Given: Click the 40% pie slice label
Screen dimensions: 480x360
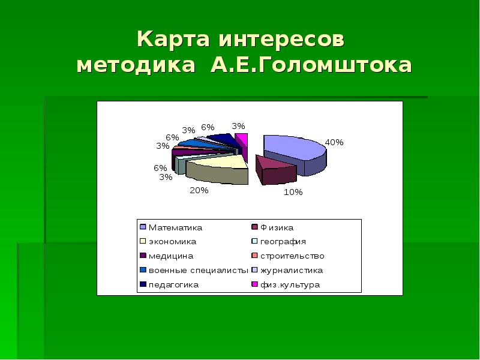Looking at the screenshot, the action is (x=334, y=142).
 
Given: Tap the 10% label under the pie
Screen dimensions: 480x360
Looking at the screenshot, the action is (x=293, y=192).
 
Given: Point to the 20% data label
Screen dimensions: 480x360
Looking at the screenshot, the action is (x=199, y=190).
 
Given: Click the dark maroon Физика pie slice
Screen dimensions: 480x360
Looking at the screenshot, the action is (x=275, y=170).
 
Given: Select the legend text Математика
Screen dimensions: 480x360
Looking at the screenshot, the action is (x=175, y=228).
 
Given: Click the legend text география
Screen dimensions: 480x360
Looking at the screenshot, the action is (x=283, y=242).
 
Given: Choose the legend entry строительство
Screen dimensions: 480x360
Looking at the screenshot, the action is (x=292, y=256).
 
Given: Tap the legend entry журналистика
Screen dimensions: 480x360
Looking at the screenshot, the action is (x=292, y=271).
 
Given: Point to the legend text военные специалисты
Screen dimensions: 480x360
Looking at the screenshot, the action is (x=199, y=271).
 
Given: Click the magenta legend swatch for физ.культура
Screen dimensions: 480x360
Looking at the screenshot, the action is (x=254, y=284).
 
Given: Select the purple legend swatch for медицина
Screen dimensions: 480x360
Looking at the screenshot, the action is (x=143, y=256).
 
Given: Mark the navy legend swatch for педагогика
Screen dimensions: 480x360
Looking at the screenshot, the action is (x=143, y=284).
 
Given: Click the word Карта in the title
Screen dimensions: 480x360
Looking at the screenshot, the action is (x=173, y=39).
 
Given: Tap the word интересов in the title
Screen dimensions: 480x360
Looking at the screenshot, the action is (x=282, y=40).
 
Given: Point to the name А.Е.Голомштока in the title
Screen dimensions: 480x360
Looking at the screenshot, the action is (x=311, y=65).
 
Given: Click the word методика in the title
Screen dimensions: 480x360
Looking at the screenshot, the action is (x=136, y=66).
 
